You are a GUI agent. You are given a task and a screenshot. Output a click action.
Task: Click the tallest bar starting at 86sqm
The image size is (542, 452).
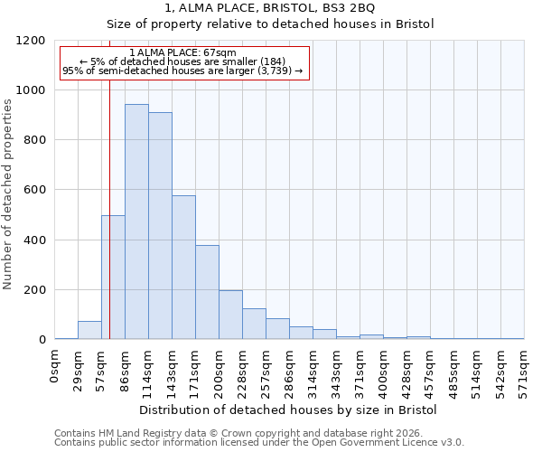tap(136, 222)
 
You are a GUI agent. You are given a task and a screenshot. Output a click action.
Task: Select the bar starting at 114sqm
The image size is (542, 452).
tap(160, 226)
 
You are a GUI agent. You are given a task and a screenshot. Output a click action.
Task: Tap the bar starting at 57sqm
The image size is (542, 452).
tap(113, 278)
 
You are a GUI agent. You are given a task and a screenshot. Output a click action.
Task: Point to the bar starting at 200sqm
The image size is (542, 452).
tap(230, 315)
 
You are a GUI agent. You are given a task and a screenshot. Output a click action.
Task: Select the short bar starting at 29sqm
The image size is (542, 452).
tap(89, 330)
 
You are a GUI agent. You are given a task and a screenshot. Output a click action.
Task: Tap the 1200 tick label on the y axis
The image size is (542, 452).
tap(32, 41)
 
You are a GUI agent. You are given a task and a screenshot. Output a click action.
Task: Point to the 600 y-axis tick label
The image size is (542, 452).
tap(35, 190)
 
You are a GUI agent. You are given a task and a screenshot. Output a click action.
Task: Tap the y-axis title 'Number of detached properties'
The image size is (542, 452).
tap(8, 191)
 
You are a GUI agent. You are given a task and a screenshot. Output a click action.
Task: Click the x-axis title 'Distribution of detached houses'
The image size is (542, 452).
tap(289, 410)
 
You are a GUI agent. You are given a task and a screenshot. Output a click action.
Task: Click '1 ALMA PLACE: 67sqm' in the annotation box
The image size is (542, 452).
tap(183, 52)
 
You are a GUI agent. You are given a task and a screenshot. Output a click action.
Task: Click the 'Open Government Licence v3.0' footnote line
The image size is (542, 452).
tap(259, 442)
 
